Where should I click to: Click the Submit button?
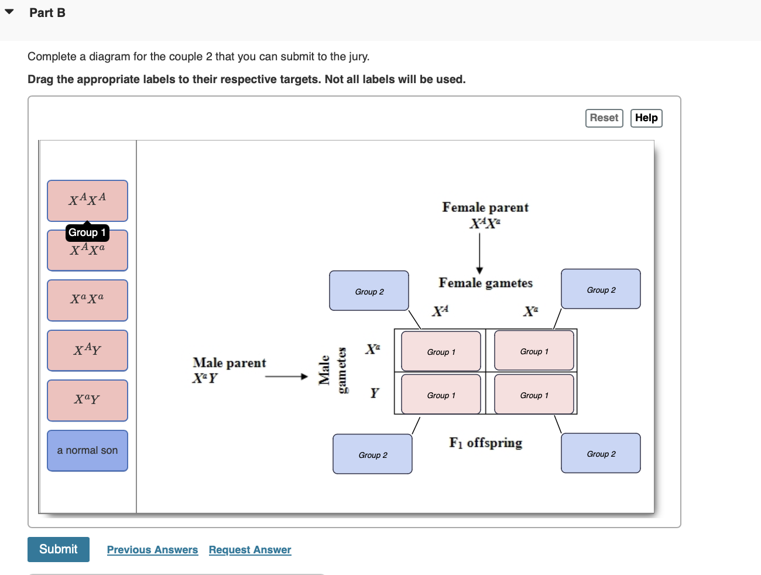[x=59, y=549]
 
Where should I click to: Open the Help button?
[x=646, y=118]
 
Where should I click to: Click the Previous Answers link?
[x=152, y=550]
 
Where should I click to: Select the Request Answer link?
[x=250, y=550]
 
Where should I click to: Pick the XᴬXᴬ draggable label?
[x=87, y=200]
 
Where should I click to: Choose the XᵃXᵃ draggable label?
[x=87, y=300]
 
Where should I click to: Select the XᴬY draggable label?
[x=87, y=350]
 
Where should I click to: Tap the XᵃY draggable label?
[x=87, y=401]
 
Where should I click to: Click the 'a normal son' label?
[x=87, y=451]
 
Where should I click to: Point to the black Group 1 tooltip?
[x=87, y=233]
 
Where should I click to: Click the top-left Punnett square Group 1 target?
[x=441, y=351]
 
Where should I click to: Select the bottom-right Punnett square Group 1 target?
[x=534, y=395]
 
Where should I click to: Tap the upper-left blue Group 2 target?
[x=369, y=290]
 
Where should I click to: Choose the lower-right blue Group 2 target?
[x=601, y=453]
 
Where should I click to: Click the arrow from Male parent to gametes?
[x=286, y=377]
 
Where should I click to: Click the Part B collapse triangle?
[x=9, y=12]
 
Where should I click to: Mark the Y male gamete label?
[x=375, y=393]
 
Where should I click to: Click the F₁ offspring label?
[x=485, y=443]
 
